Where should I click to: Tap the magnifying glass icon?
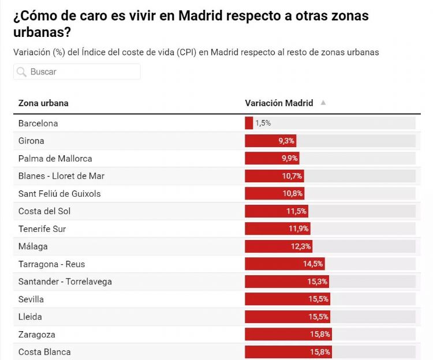[x=21, y=72]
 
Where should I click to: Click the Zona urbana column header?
[x=43, y=103]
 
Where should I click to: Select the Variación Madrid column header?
[x=279, y=103]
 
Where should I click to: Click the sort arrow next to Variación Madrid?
[x=323, y=103]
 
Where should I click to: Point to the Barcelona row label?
[x=38, y=123]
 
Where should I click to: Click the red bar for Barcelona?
[x=249, y=123]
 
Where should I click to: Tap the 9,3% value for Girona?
[x=286, y=141]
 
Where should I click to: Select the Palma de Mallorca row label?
[x=55, y=158]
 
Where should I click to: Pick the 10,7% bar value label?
[x=292, y=176]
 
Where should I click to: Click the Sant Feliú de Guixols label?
[x=59, y=193]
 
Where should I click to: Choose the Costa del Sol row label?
[x=44, y=211]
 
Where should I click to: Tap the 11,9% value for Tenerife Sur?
[x=299, y=229]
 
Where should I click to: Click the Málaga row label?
[x=33, y=246]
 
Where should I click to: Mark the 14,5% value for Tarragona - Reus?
[x=313, y=264]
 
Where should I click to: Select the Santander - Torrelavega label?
[x=65, y=282]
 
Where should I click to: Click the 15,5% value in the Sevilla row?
[x=318, y=299]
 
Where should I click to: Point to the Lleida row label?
[x=30, y=317]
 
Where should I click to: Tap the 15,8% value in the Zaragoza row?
[x=320, y=335]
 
